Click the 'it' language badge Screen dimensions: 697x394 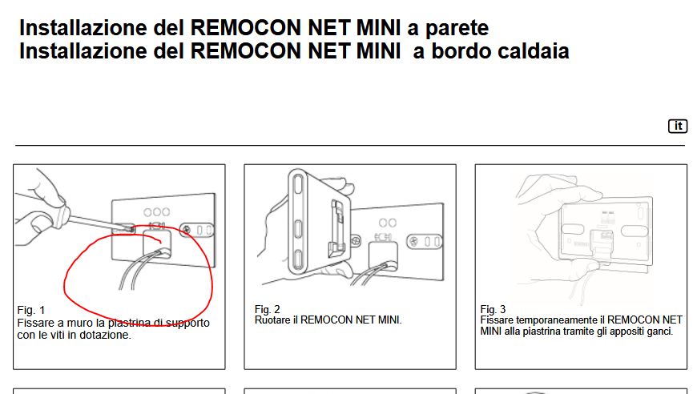coord(678,127)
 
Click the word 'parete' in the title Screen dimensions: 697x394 coord(457,28)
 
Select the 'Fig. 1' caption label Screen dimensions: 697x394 coord(31,310)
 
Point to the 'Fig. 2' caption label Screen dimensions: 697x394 coord(267,309)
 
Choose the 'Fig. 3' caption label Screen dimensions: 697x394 coord(493,309)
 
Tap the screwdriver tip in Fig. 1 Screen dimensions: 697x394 coord(131,229)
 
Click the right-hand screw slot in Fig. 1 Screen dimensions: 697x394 coord(197,230)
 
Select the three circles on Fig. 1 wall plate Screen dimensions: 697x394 coord(156,212)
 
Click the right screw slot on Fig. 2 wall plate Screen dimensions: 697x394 coord(425,242)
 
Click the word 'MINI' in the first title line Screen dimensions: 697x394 coord(379,28)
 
